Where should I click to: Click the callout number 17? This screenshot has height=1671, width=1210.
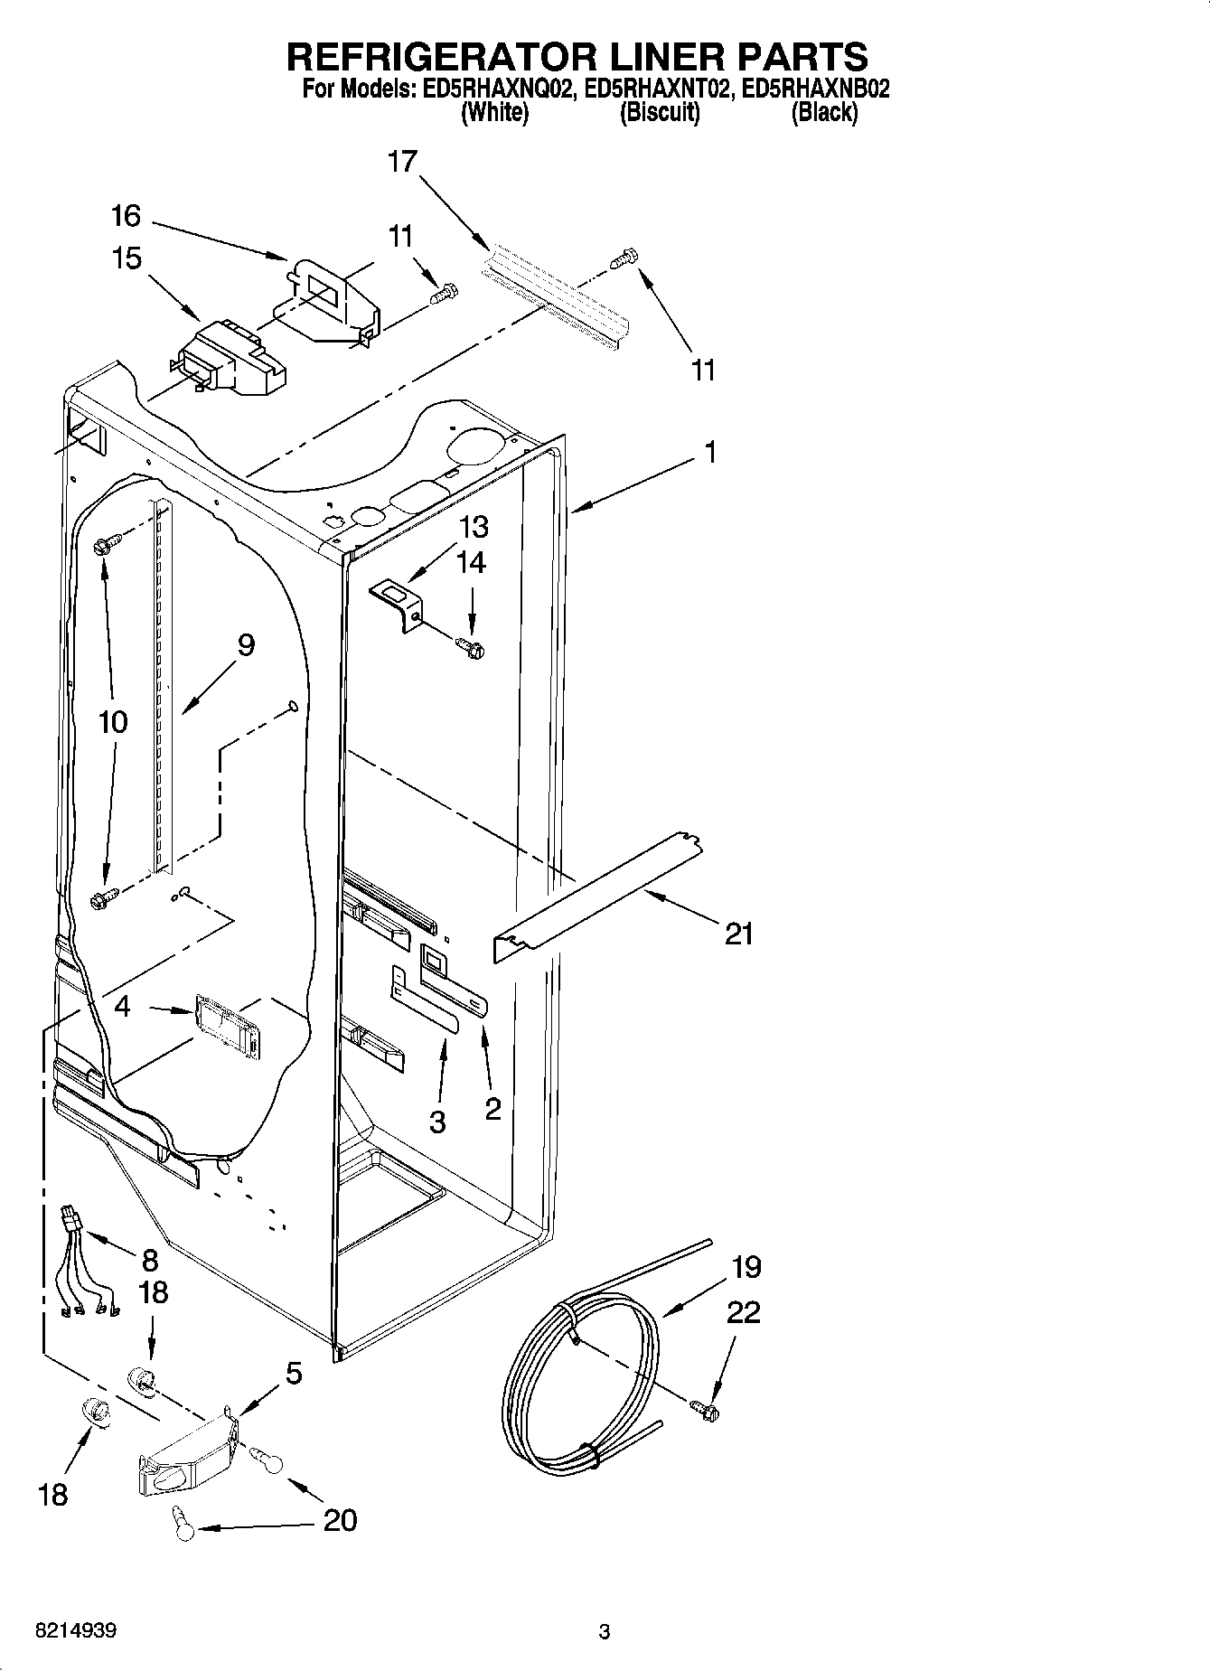click(402, 162)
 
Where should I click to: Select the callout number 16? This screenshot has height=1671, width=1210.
click(126, 216)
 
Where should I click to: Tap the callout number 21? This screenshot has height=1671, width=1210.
click(739, 933)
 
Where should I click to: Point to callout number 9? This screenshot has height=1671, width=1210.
click(246, 645)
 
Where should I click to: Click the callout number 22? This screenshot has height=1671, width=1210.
click(743, 1311)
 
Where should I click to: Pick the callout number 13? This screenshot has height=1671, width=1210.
click(474, 526)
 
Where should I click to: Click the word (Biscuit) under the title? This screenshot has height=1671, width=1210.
click(660, 113)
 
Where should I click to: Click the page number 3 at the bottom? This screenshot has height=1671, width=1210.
click(604, 1632)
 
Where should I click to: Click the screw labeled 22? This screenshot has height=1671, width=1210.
click(704, 1408)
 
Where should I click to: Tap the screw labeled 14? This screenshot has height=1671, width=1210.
click(471, 645)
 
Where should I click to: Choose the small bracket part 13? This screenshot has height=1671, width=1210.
click(398, 600)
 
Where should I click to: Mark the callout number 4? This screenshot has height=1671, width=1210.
click(122, 1006)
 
